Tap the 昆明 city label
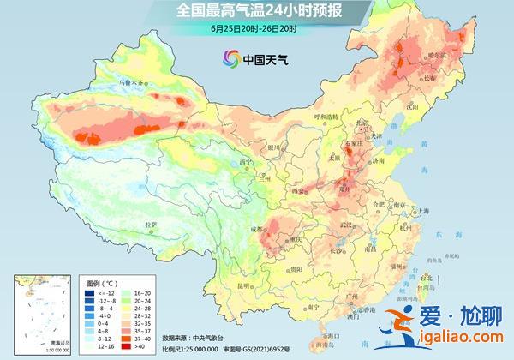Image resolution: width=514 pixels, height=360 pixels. coord(244,285)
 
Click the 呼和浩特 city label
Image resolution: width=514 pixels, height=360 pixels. coord(326,117)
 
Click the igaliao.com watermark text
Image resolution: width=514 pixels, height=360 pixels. coord(462,344)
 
